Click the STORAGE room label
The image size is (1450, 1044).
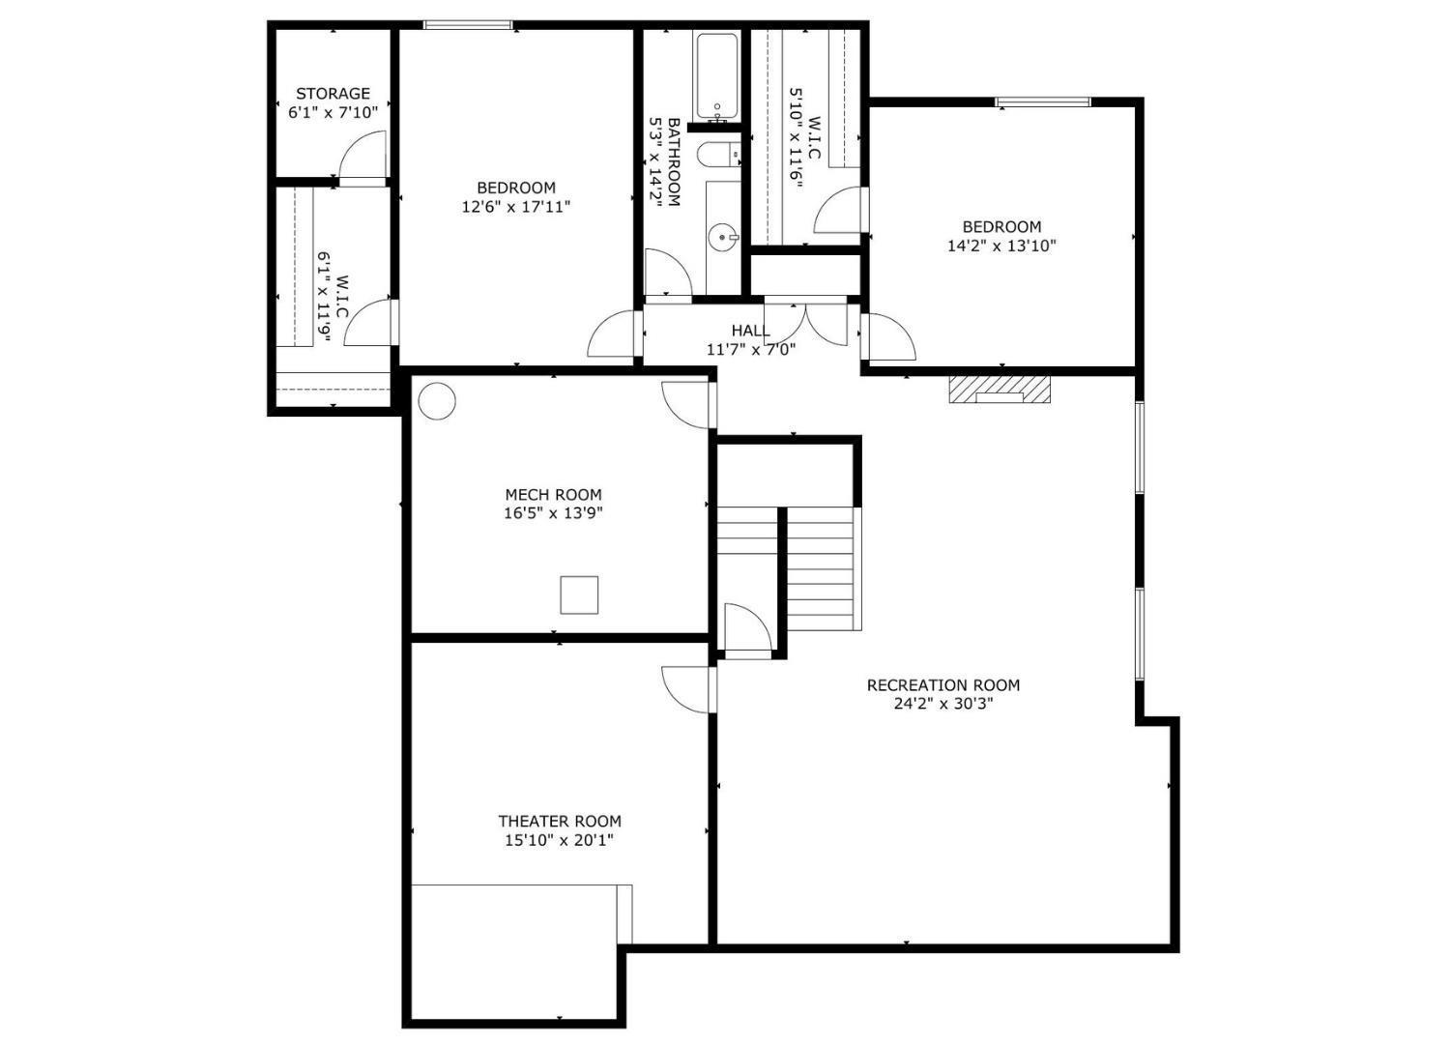pos(333,94)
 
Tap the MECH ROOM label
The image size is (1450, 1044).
pos(553,495)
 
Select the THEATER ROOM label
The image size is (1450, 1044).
pos(560,822)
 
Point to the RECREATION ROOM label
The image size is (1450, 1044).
pos(942,685)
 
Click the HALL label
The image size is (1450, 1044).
pos(751,332)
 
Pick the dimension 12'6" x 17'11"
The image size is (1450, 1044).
pos(516,206)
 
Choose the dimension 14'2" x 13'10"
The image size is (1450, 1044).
pos(1001,246)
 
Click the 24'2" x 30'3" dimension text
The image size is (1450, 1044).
pos(942,704)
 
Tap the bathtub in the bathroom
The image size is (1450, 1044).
pos(717,77)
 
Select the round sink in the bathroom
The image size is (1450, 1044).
pos(722,235)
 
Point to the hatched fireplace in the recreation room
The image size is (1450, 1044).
pos(1000,390)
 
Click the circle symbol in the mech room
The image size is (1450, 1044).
pos(436,400)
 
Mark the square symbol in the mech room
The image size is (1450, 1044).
pos(579,594)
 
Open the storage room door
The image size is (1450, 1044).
pos(363,157)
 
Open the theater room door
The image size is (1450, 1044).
pos(687,688)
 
